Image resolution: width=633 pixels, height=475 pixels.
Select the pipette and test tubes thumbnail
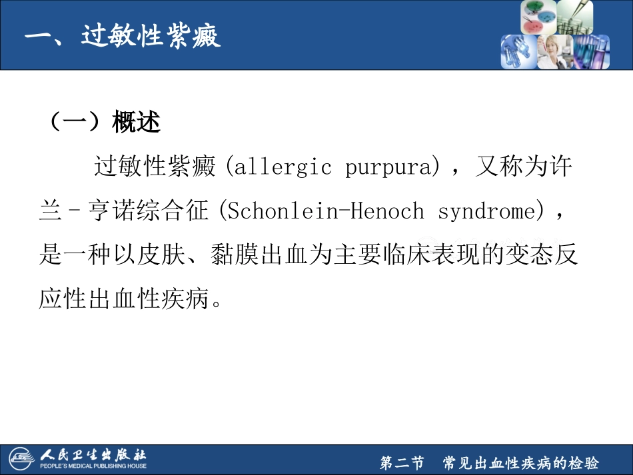coord(574,17)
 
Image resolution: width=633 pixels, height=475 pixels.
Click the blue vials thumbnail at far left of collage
coord(519,52)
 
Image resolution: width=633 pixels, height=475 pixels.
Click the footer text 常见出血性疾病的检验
coord(520,463)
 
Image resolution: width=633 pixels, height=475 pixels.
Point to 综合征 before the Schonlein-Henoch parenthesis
coord(171,211)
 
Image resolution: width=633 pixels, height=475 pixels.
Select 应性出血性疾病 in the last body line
coord(123,300)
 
